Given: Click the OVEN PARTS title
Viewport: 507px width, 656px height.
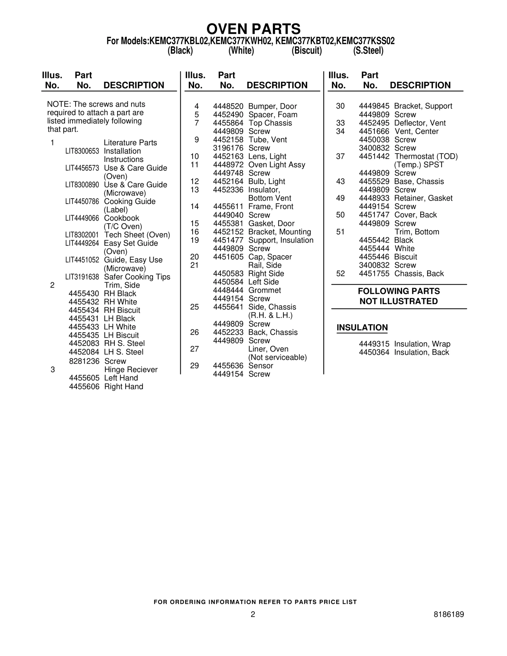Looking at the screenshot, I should click(x=253, y=29).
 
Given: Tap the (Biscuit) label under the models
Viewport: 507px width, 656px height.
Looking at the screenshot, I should click(x=306, y=51).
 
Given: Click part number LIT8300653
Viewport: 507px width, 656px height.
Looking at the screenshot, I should click(x=82, y=151).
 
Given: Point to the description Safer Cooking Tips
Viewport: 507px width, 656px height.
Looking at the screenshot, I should click(x=137, y=277).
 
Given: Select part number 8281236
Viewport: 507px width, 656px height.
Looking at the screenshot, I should click(x=84, y=361).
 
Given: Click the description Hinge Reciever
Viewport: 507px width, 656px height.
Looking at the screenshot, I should click(x=131, y=370).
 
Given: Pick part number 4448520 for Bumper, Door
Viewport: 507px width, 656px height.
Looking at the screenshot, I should click(x=228, y=106).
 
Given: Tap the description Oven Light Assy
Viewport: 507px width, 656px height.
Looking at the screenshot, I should click(x=277, y=165).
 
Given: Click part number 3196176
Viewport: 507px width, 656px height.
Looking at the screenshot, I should click(x=228, y=148).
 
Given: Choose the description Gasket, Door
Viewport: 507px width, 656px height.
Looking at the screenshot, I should click(x=271, y=224).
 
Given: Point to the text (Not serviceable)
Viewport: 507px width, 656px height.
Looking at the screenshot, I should click(x=278, y=358).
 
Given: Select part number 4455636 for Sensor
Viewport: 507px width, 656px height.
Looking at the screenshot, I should click(x=228, y=366).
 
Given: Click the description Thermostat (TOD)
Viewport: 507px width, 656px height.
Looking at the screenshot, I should click(x=426, y=156).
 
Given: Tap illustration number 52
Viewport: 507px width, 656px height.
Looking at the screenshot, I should click(x=340, y=274).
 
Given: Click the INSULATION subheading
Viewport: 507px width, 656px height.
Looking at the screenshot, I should click(x=362, y=328).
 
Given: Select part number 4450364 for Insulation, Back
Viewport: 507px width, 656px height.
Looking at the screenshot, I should click(x=374, y=353).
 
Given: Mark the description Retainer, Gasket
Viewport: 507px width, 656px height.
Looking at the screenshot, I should click(x=423, y=198).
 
